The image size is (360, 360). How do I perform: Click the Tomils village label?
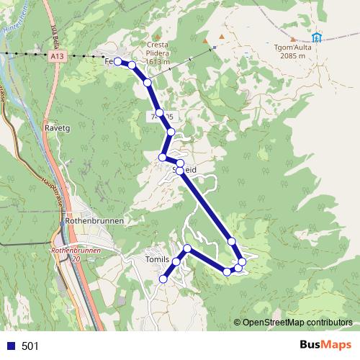[x=158, y=259]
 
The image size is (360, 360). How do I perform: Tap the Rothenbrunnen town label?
[x=94, y=220]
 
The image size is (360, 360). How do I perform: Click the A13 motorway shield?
[x=57, y=54]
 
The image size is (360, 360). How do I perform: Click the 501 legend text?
[x=30, y=346]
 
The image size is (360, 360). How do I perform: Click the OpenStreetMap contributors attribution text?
[x=297, y=322]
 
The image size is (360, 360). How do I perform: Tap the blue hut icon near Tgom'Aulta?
[x=317, y=37]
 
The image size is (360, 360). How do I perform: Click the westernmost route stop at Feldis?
[x=117, y=62]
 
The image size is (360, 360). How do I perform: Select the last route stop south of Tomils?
[x=163, y=279]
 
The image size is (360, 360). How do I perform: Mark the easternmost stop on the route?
[x=243, y=261]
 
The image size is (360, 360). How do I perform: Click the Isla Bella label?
[x=55, y=32]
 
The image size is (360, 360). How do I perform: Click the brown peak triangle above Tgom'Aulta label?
[x=292, y=39]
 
